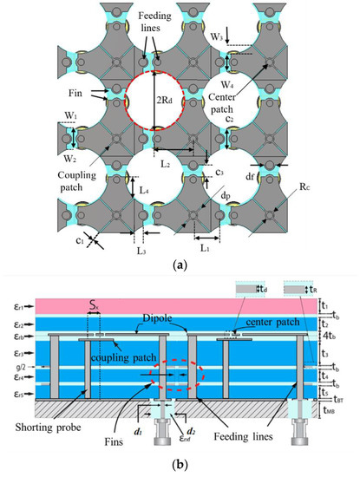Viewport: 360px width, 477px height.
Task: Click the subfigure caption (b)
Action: (179, 467)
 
